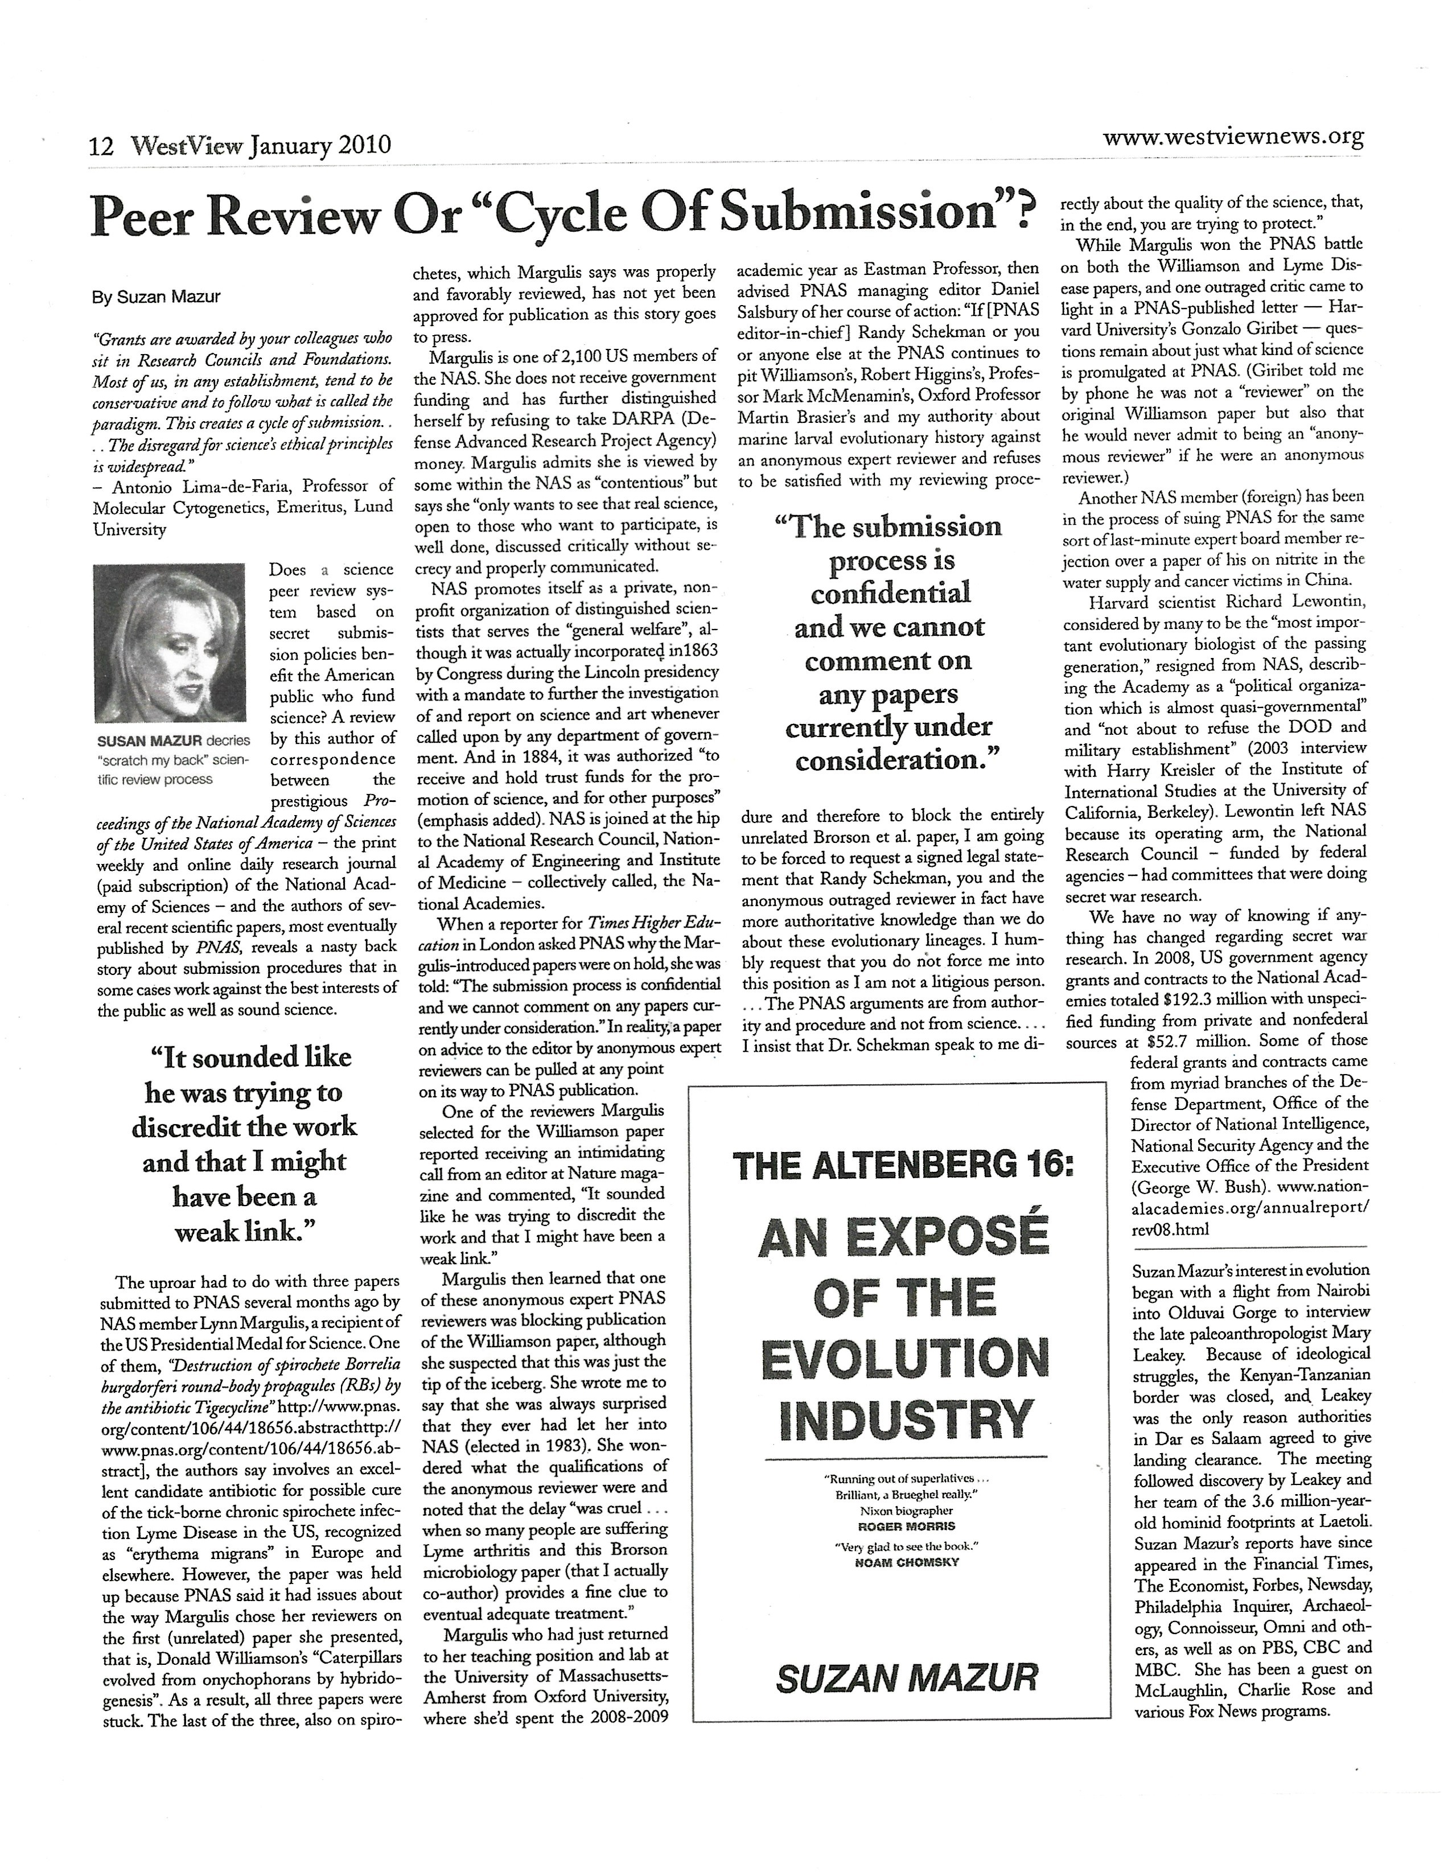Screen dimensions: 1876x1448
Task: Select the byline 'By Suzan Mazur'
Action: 157,297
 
